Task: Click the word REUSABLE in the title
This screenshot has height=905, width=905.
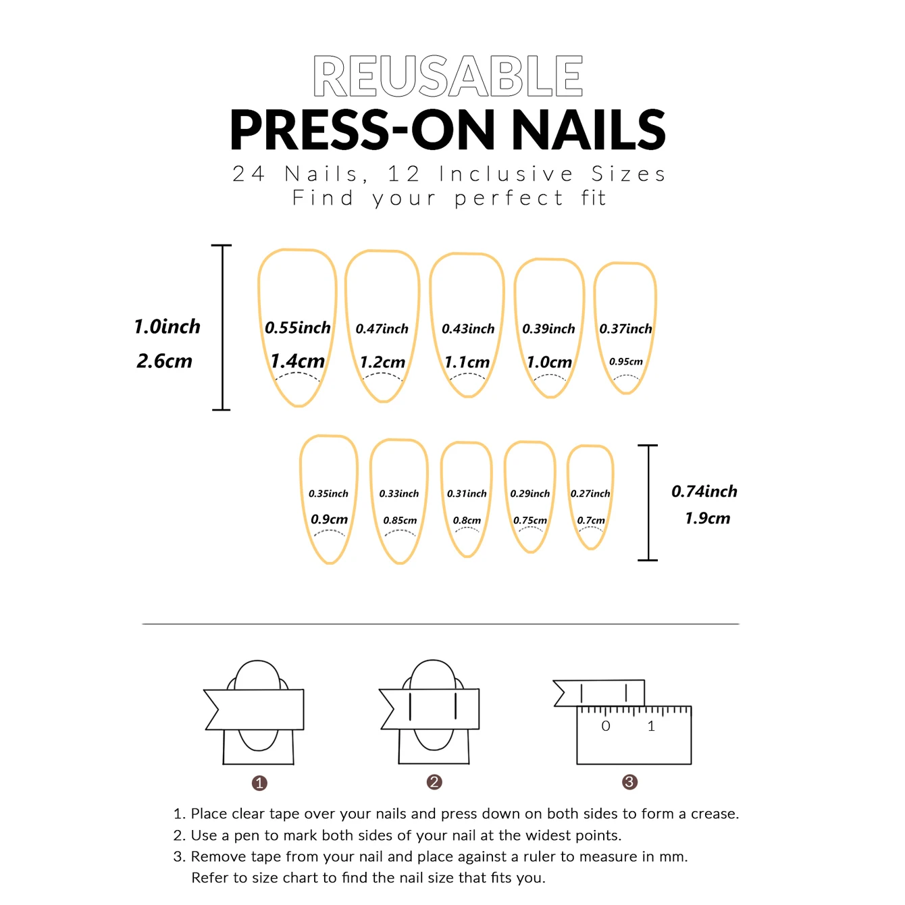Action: (x=448, y=76)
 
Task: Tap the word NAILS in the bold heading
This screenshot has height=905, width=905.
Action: (x=588, y=130)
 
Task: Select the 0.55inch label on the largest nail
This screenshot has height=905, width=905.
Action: (x=298, y=328)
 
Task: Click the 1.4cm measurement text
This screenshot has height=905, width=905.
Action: (x=297, y=361)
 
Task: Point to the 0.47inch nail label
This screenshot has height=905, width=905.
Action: (x=382, y=329)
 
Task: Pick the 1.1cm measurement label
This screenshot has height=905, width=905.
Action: (x=467, y=363)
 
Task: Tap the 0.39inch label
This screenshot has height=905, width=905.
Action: (x=548, y=329)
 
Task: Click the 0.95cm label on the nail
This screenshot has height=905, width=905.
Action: (x=626, y=362)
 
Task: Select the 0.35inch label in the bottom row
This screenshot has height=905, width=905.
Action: (x=328, y=494)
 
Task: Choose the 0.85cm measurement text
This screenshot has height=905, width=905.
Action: (x=400, y=521)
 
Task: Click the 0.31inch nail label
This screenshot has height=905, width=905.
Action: (x=467, y=494)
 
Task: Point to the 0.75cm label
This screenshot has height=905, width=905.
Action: (x=530, y=521)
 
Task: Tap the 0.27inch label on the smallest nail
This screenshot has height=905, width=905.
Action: (x=590, y=494)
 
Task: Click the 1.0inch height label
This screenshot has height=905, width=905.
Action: (x=167, y=327)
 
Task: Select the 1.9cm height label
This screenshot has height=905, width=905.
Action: (x=707, y=519)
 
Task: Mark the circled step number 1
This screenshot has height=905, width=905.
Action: (x=259, y=783)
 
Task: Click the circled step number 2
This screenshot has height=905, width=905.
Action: (x=434, y=782)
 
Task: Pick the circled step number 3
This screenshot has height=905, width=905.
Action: (x=629, y=782)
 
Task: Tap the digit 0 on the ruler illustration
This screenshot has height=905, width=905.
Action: (x=606, y=727)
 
